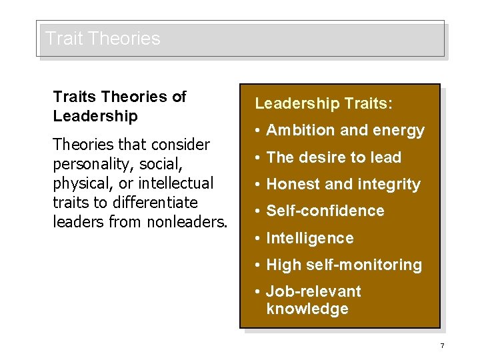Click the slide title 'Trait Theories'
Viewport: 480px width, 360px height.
103,39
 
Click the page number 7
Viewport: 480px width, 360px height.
442,345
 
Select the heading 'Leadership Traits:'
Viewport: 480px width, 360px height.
324,104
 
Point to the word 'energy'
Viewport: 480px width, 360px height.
399,131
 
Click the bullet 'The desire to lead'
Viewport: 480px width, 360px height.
333,157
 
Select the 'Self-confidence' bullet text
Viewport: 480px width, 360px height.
325,211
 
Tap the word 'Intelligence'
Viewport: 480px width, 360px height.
310,238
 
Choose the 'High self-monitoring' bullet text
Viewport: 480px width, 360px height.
344,265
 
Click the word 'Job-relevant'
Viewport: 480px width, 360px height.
313,291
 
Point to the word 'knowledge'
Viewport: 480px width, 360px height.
307,309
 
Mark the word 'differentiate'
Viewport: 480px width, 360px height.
153,202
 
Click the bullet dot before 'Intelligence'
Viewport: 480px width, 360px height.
258,238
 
